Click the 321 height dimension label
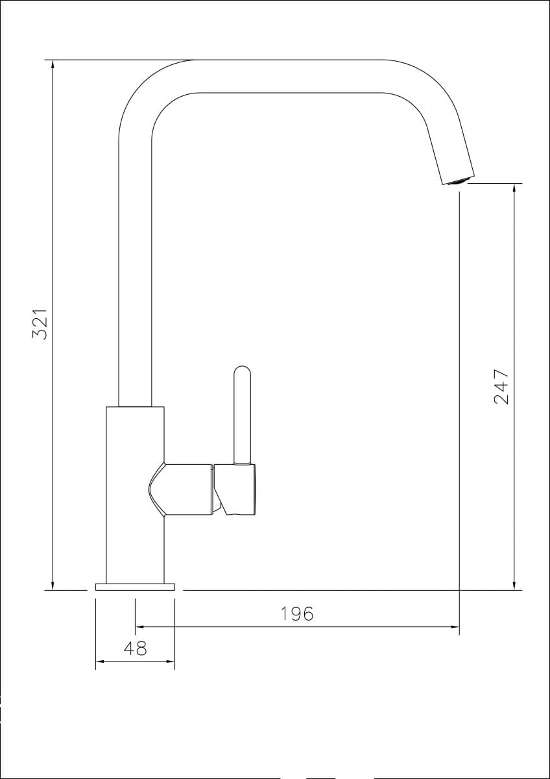pyautogui.click(x=40, y=324)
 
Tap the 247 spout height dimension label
pyautogui.click(x=501, y=386)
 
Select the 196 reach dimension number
pyautogui.click(x=296, y=614)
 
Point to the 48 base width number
pyautogui.click(x=135, y=649)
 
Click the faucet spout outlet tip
pyautogui.click(x=459, y=181)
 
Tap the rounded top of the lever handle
pyautogui.click(x=242, y=371)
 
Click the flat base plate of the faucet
pyautogui.click(x=135, y=587)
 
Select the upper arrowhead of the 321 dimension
pyautogui.click(x=53, y=66)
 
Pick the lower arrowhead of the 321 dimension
pyautogui.click(x=53, y=585)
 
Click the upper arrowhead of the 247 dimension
pyautogui.click(x=514, y=189)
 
